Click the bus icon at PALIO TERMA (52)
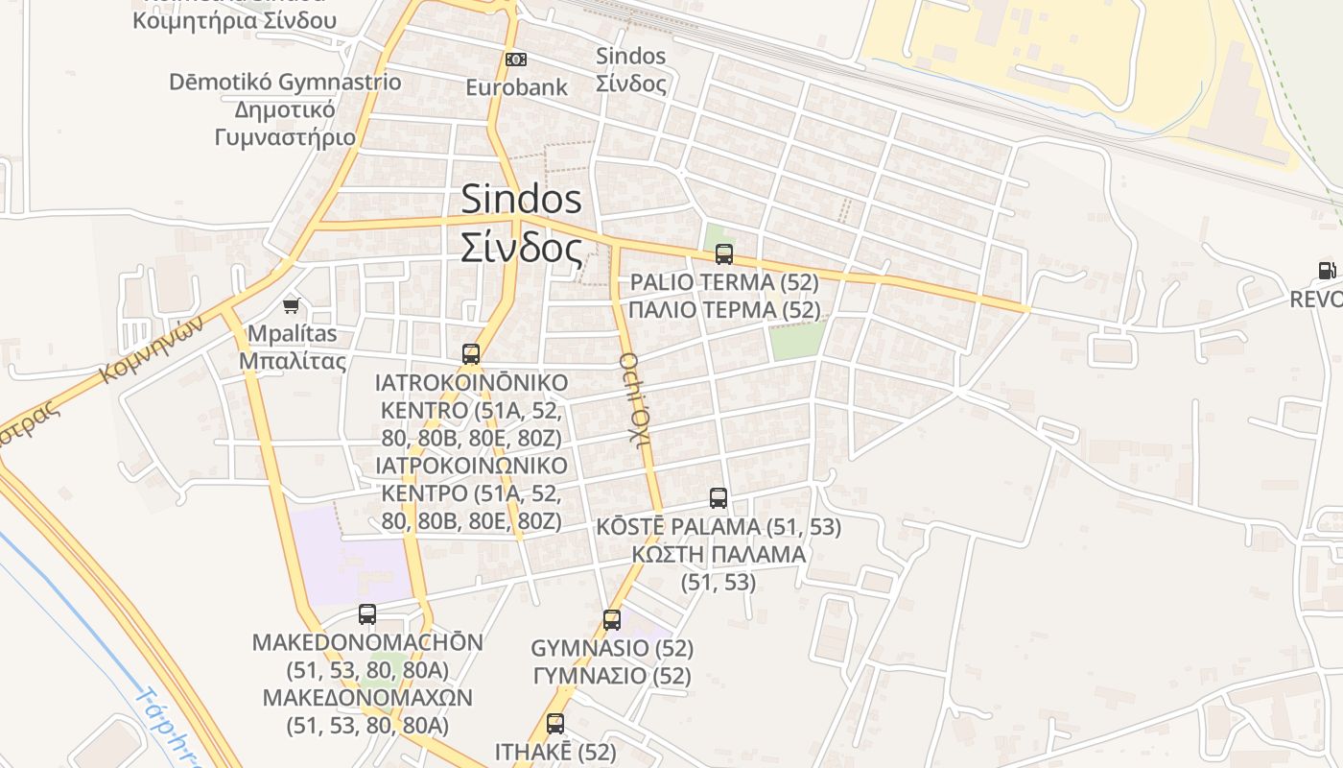pos(724,254)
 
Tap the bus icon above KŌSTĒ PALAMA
pos(719,498)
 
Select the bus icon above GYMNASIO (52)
pos(612,619)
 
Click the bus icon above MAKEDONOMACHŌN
pos(367,613)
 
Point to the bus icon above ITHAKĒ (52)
pos(554,724)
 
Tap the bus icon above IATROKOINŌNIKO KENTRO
pos(471,354)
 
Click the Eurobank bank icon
pos(516,60)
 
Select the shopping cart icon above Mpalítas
pos(292,305)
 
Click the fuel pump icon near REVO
pos(1327,271)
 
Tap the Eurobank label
pos(516,87)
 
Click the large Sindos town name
pos(521,199)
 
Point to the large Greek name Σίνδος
pos(521,248)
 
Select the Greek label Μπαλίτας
pos(292,361)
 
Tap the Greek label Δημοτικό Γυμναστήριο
pos(285,123)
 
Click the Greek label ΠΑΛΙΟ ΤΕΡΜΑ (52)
pos(724,310)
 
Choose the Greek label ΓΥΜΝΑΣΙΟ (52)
pos(612,675)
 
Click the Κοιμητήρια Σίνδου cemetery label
pos(234,20)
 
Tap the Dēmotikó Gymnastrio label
pos(285,82)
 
